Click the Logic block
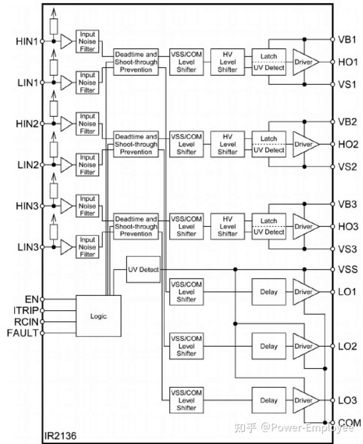(x=99, y=316)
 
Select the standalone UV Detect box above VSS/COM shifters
(x=143, y=269)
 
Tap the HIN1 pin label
(x=27, y=41)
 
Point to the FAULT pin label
(x=23, y=333)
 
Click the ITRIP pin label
(x=26, y=310)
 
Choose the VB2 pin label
(x=347, y=122)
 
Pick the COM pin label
(x=349, y=423)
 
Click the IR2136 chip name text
(x=60, y=435)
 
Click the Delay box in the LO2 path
(x=269, y=346)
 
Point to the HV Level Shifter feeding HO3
(x=227, y=227)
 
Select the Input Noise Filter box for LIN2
(x=87, y=165)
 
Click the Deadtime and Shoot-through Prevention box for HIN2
(x=136, y=144)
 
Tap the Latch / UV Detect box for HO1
(x=269, y=62)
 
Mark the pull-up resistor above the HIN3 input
(x=54, y=190)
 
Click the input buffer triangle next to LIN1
(x=67, y=82)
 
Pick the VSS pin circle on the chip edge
(x=333, y=269)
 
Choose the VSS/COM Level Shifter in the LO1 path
(x=186, y=292)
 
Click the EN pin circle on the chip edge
(x=42, y=299)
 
